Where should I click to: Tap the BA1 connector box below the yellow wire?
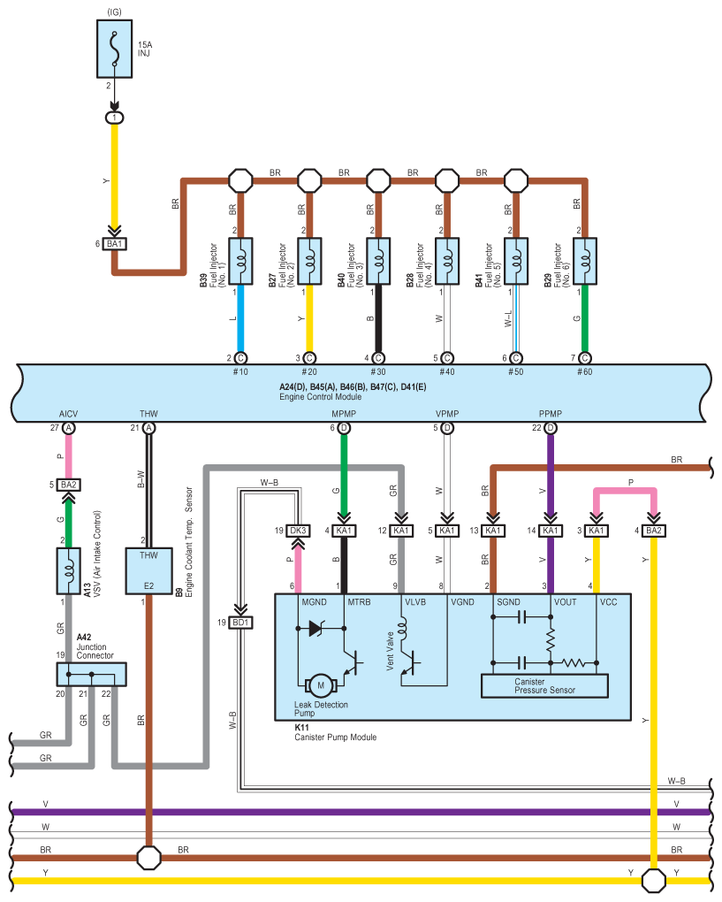click(114, 243)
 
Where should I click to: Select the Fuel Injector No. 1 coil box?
click(240, 262)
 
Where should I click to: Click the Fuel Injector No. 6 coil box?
click(584, 262)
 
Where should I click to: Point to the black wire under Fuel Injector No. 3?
click(378, 318)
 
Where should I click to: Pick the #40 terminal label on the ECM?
click(447, 372)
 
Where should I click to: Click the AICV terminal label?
click(69, 414)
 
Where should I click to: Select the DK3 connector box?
click(297, 531)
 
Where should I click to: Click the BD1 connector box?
click(239, 623)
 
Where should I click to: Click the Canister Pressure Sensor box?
click(544, 685)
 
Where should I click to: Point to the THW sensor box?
click(148, 569)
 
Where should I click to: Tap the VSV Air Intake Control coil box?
click(69, 570)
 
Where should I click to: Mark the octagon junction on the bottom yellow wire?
click(653, 881)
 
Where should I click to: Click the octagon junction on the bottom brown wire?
click(148, 857)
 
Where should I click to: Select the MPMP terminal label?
click(344, 414)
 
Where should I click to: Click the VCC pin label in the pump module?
click(609, 602)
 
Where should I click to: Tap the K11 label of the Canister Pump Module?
click(302, 727)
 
